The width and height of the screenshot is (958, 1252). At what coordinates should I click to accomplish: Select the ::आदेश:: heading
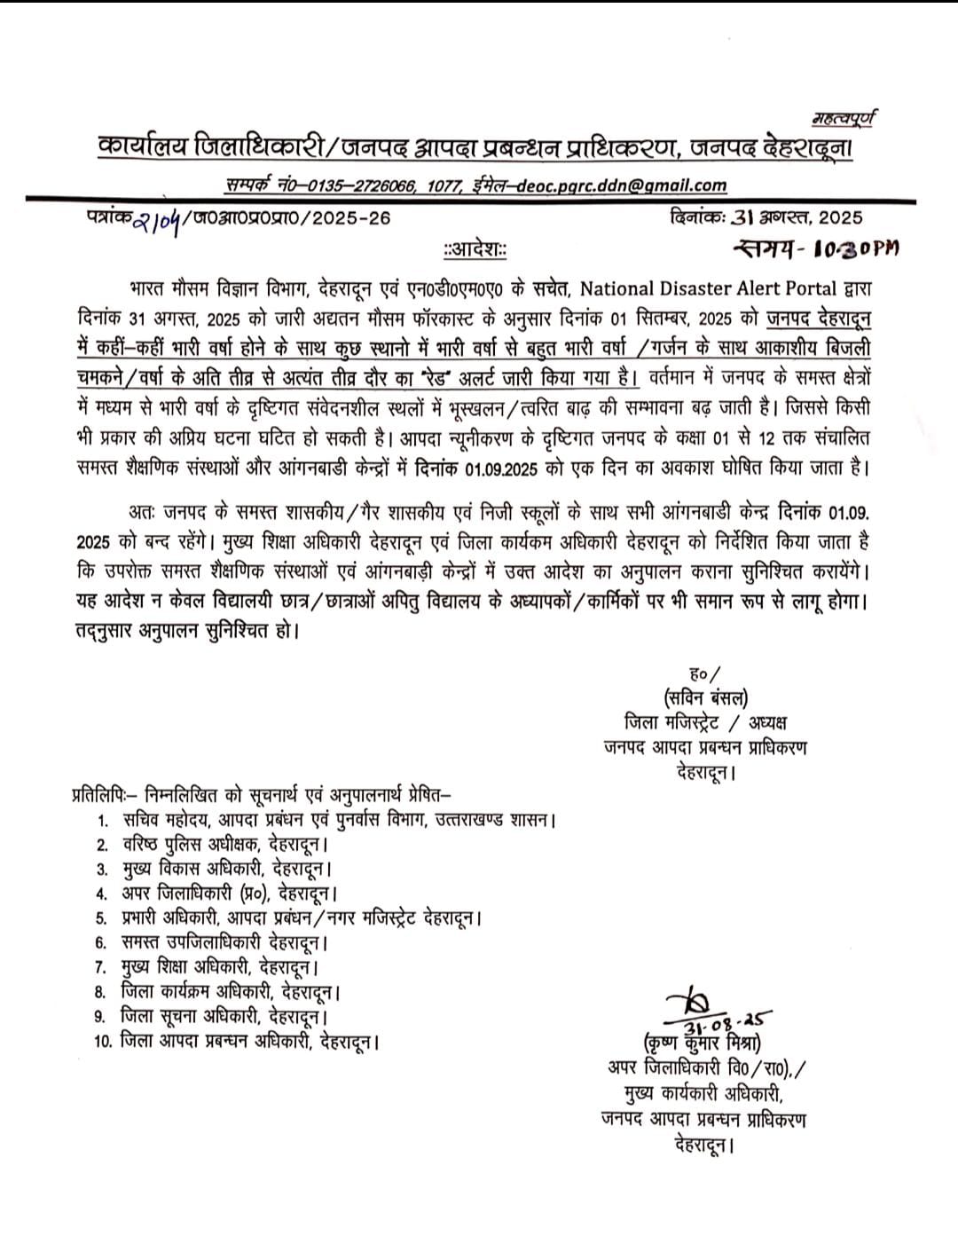[475, 250]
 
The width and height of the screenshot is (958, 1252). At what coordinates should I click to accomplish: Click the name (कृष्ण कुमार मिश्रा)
[704, 1043]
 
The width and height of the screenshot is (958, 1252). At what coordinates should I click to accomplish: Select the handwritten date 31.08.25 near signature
[727, 1018]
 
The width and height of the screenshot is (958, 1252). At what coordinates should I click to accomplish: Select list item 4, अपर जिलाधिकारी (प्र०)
[229, 893]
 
